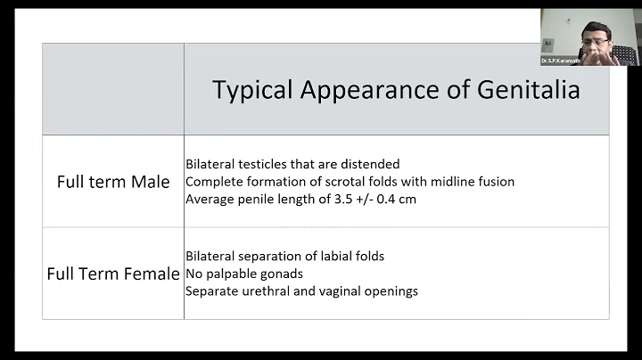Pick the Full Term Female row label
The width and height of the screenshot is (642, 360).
113,274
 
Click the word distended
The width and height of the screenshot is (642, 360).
368,164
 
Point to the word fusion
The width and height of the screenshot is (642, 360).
495,182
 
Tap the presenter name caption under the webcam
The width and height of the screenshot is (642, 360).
560,61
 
